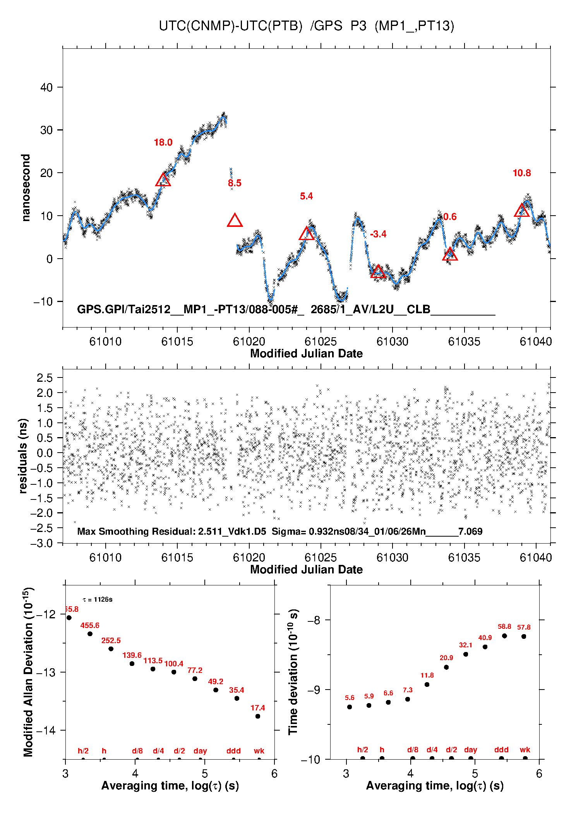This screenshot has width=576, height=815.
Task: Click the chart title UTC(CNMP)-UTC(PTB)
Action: click(x=230, y=26)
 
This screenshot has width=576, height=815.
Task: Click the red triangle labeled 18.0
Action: click(x=163, y=180)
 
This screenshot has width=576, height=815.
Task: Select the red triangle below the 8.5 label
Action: click(x=235, y=221)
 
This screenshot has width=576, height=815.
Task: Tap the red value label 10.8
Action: click(x=521, y=173)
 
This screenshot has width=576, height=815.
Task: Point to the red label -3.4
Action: click(x=378, y=234)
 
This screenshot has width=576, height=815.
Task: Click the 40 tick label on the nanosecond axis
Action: click(x=46, y=88)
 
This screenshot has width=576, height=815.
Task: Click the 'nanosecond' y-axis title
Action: click(x=26, y=188)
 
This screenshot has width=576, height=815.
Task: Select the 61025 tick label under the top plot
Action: click(x=321, y=341)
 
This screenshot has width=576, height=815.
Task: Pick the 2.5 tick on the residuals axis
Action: click(x=45, y=378)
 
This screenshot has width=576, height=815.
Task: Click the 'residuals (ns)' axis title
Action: click(x=23, y=456)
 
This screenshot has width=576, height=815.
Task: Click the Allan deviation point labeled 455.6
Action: click(x=90, y=634)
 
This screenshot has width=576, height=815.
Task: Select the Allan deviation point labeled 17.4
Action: click(x=258, y=716)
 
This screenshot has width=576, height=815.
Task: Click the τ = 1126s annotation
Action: click(x=98, y=600)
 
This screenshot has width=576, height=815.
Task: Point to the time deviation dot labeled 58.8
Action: click(x=504, y=636)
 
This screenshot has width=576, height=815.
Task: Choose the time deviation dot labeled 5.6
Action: click(x=350, y=707)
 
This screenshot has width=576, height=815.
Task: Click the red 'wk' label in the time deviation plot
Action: click(x=525, y=750)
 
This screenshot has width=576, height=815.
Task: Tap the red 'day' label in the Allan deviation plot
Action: click(x=200, y=751)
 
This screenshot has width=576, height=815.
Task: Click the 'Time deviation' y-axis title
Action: click(x=293, y=672)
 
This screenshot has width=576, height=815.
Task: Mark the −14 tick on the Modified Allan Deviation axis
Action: click(x=46, y=731)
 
